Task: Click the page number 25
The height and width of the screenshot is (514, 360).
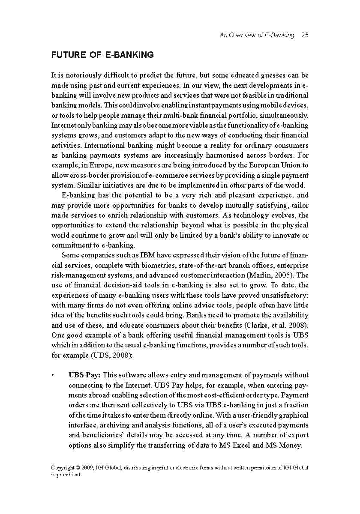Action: point(305,35)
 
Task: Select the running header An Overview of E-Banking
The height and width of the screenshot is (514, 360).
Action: point(257,35)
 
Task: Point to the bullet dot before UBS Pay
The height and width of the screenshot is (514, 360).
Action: point(53,375)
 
